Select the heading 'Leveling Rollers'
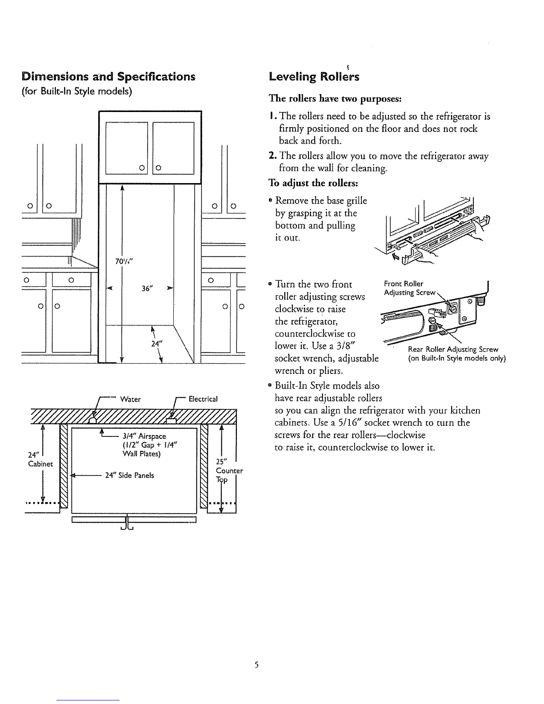314,76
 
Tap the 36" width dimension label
144,288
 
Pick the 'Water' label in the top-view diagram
131,399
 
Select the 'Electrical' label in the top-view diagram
203,399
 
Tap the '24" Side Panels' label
129,475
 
